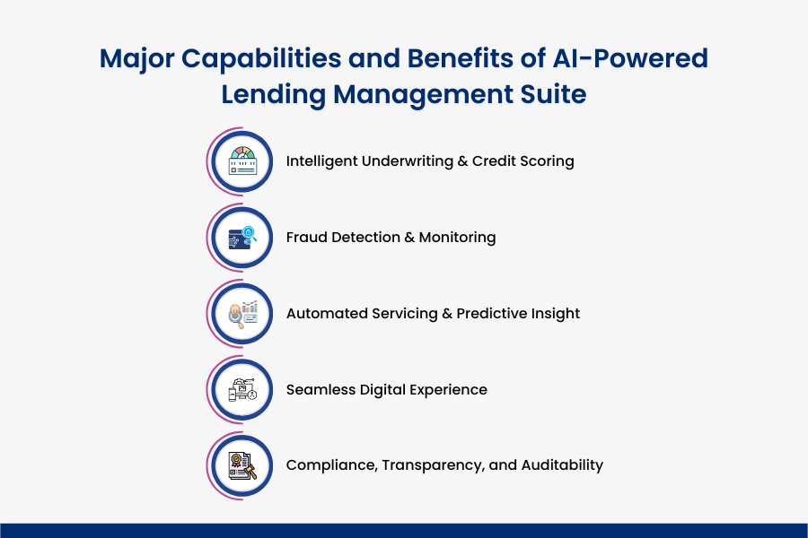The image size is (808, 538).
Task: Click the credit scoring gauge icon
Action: pos(242,161)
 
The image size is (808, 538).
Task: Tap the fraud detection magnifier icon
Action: pos(242,238)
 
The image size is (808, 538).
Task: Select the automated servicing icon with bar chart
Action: pos(242,314)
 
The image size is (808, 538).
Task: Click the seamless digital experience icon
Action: pos(242,390)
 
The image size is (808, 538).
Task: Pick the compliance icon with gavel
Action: pos(242,465)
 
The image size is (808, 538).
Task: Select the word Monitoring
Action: pos(457,238)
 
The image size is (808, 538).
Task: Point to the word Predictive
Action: pos(495,314)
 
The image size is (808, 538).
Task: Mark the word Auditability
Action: pos(563,465)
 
